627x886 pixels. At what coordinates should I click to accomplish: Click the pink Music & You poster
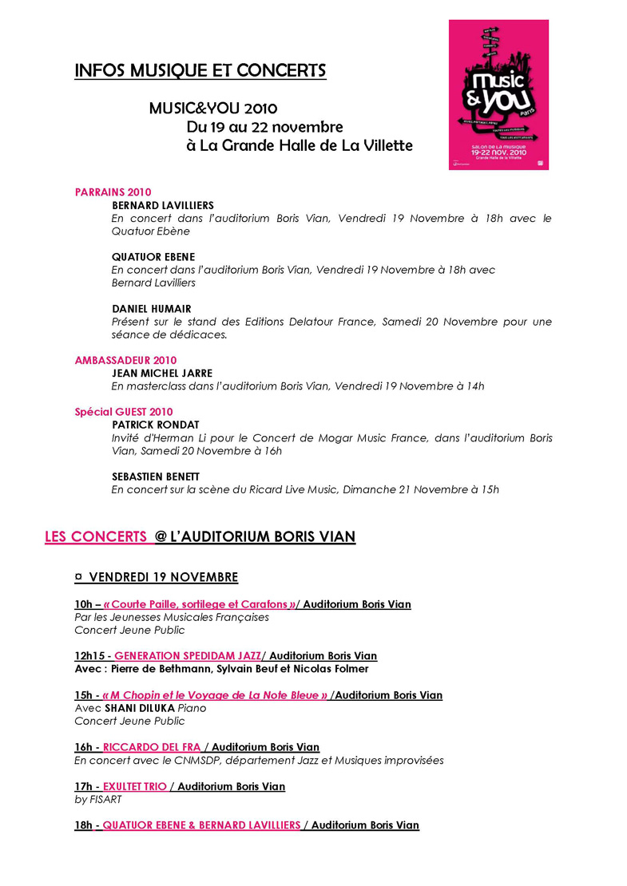tap(498, 94)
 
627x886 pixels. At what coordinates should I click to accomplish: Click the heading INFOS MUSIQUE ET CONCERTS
tap(200, 71)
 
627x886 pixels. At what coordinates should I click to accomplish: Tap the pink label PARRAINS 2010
tap(113, 192)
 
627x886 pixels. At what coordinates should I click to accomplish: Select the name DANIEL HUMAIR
tap(152, 309)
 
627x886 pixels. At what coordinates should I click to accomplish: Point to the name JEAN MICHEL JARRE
tap(162, 373)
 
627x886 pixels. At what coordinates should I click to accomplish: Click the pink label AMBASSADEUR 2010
tap(125, 360)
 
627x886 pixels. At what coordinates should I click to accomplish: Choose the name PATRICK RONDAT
tap(156, 425)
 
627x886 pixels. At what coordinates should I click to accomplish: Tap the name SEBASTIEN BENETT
tap(156, 477)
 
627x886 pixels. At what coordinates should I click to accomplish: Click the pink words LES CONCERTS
tap(96, 537)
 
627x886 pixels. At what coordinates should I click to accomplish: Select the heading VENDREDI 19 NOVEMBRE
tap(163, 577)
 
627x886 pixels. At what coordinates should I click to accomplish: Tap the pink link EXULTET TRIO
tap(135, 786)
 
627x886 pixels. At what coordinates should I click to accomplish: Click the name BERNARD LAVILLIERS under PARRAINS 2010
tap(163, 205)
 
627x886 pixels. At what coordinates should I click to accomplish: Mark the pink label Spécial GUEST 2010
tap(124, 412)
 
